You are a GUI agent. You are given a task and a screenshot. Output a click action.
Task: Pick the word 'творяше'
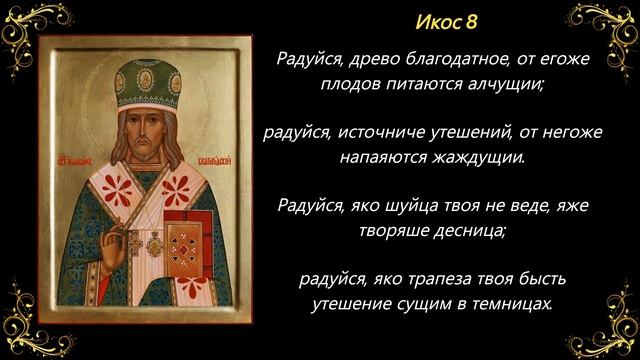point(392,230)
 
